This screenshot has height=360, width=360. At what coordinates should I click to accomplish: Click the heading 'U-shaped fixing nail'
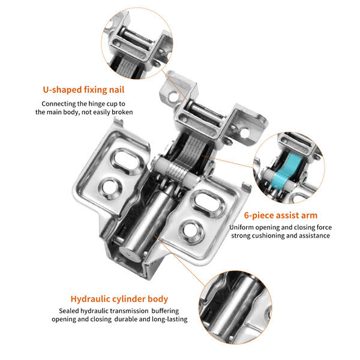tap(83, 90)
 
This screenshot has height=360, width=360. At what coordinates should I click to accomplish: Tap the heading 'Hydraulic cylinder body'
tap(119, 298)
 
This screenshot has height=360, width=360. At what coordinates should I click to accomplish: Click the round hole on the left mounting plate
tap(110, 187)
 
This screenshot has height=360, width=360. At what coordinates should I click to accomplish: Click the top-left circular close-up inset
tap(134, 41)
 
